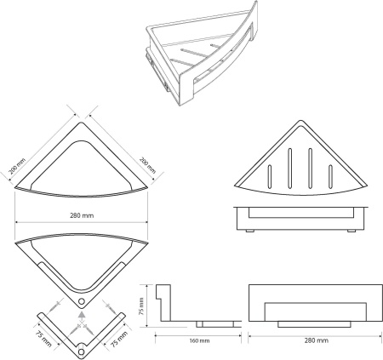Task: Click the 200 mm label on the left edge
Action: click(17, 166)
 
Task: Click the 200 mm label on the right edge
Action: click(147, 165)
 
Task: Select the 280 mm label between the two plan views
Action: click(82, 215)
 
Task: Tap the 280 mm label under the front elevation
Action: click(317, 340)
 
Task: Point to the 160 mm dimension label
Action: click(199, 340)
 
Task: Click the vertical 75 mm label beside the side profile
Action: click(141, 306)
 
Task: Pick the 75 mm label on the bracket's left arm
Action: click(43, 339)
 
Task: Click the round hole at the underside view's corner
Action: click(82, 301)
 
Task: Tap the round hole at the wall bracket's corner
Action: click(82, 352)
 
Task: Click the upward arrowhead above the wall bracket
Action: click(82, 315)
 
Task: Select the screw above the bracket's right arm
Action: click(109, 306)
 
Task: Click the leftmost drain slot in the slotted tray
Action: click(269, 176)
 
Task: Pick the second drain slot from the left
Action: click(289, 169)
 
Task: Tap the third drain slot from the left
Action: click(310, 169)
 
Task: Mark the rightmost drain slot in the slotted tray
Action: click(330, 176)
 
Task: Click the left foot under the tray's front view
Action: click(250, 231)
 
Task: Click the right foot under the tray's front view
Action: click(352, 231)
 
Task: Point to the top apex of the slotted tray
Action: click(300, 120)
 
